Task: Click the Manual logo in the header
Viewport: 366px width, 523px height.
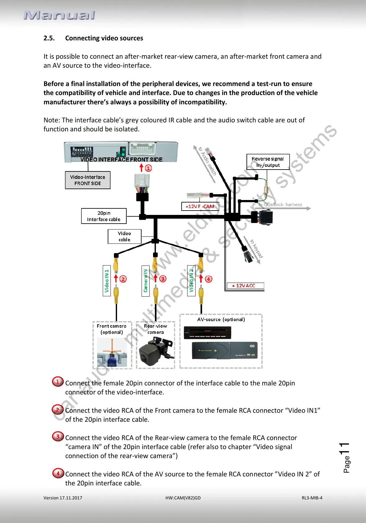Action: tap(59, 15)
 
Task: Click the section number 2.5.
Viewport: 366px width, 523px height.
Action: tap(49, 38)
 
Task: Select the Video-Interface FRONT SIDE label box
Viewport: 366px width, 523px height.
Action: tap(88, 180)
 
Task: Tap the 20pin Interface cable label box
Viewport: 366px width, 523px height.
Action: tap(104, 216)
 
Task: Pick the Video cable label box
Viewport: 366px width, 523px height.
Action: tap(124, 236)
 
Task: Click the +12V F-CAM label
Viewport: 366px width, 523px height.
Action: tap(200, 207)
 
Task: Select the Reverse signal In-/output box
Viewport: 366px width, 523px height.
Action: tap(268, 162)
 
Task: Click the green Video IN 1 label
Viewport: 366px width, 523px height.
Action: tap(107, 281)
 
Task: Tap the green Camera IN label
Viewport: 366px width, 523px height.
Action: tap(145, 281)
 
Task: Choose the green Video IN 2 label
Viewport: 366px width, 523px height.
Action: tap(191, 281)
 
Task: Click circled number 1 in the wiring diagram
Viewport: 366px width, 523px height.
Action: tap(149, 168)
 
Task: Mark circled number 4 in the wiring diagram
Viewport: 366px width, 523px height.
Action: tap(209, 279)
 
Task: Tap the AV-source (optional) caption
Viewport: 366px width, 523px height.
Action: tap(221, 320)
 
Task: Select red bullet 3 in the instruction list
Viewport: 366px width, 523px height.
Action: tap(58, 436)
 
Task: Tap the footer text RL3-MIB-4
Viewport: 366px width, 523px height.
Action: tap(312, 498)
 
